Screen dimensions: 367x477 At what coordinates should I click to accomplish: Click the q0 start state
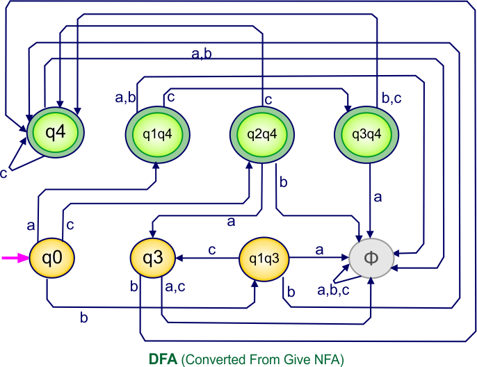coord(53,258)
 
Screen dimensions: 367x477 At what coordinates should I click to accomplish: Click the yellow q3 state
coord(152,258)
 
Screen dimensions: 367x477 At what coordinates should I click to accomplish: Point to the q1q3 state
coord(264,258)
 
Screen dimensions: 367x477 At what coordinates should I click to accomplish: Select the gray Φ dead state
coord(371,258)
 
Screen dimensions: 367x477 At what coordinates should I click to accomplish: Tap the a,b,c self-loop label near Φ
coord(333,288)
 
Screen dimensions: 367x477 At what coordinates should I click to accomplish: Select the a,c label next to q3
coord(175,284)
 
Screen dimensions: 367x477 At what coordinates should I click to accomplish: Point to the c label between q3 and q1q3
coord(212,249)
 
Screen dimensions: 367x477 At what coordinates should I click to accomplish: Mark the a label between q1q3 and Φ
coord(319,249)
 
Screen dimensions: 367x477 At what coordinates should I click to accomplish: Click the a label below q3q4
coord(378,197)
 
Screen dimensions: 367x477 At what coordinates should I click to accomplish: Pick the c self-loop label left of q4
coord(4,172)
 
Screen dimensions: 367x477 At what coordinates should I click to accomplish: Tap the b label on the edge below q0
coord(84,318)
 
